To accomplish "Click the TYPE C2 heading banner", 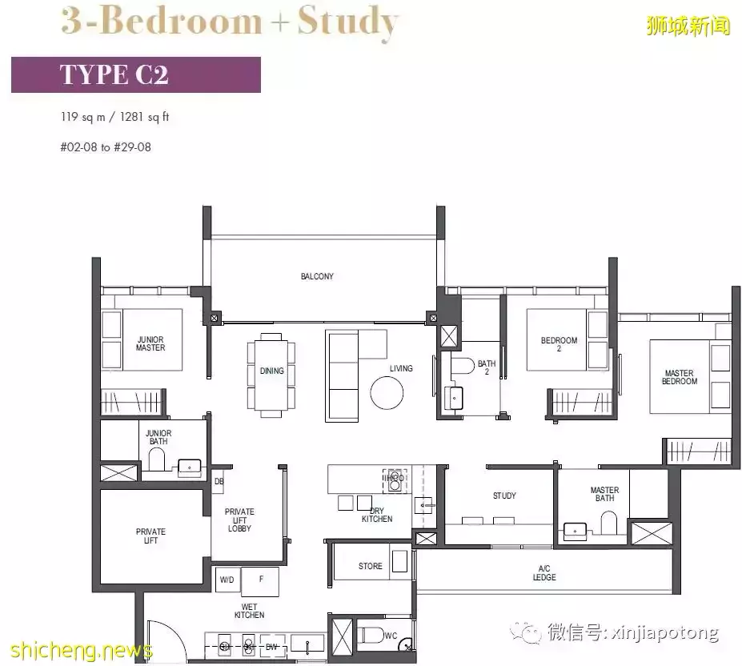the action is [x=136, y=74].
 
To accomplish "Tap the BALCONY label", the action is [x=317, y=276].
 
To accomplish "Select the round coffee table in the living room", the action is [x=387, y=392].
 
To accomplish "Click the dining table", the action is [x=271, y=371].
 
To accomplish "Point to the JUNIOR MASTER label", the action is [x=150, y=343].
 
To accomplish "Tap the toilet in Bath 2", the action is [x=463, y=365].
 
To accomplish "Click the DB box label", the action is [x=219, y=481].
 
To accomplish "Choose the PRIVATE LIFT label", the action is [x=150, y=536].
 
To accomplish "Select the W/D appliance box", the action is [x=227, y=580].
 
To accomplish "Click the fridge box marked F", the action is [x=260, y=581].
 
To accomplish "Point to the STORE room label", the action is [x=370, y=566].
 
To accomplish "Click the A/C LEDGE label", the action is [x=544, y=573].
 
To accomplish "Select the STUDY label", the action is [x=504, y=495].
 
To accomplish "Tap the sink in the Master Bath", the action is [x=575, y=532].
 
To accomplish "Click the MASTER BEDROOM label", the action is [x=679, y=377].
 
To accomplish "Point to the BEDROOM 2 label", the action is [x=559, y=344].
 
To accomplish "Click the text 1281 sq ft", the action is [x=144, y=117].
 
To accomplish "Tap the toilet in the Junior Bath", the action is [x=157, y=459].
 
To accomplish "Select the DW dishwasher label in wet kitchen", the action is [x=271, y=647].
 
